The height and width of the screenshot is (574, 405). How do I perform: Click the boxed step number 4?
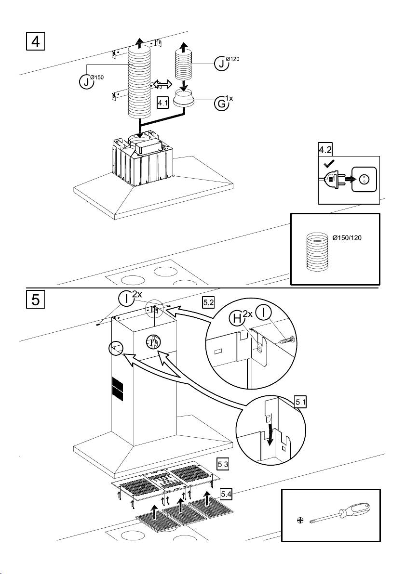coord(35,40)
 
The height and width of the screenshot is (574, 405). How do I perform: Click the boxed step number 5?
coord(35,300)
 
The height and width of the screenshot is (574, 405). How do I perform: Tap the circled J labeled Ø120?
coord(221,64)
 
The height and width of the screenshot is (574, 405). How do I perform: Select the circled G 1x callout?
coord(221,104)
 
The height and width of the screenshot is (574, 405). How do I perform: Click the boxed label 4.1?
coord(163,103)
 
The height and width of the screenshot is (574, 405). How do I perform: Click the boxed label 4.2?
coord(325,150)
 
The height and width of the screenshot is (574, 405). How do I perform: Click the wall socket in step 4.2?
coord(365,180)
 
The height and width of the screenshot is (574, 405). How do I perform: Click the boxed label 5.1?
coord(300,401)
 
